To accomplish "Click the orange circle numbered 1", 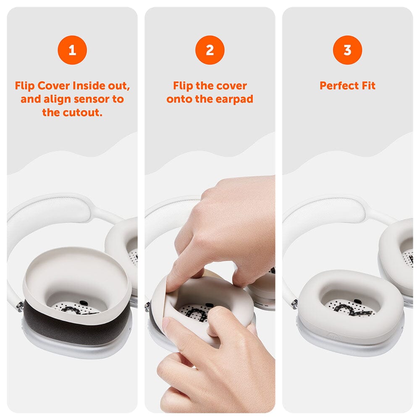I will (72, 50).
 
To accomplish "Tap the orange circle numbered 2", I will (210, 50).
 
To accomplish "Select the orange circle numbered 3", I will (347, 50).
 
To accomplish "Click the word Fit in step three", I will (368, 86).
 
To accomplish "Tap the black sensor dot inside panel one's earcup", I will (84, 302).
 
